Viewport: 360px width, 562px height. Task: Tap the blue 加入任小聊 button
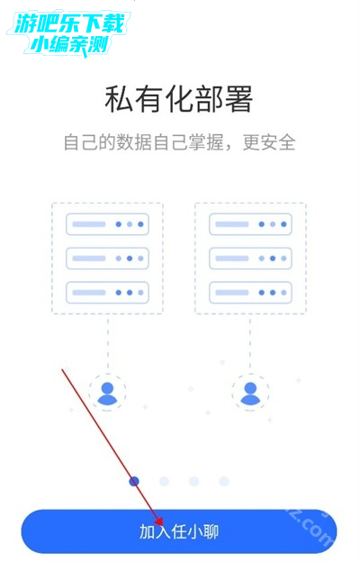(x=179, y=531)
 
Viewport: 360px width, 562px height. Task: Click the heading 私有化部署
(x=179, y=99)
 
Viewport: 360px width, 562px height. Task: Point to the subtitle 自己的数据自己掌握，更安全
(x=179, y=142)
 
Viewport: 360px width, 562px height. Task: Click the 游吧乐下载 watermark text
(x=69, y=23)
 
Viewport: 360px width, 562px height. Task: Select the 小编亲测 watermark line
(x=69, y=45)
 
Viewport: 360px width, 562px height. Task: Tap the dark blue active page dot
(x=134, y=481)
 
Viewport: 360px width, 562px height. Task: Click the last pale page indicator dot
(x=224, y=481)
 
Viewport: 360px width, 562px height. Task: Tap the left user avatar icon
(x=107, y=394)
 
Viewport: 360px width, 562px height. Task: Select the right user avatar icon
(x=250, y=394)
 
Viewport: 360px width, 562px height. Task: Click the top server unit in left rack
(x=107, y=224)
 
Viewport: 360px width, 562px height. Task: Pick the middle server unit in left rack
(x=107, y=258)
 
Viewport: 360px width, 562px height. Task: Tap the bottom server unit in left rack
(x=107, y=293)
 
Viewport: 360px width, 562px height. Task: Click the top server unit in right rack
(x=250, y=224)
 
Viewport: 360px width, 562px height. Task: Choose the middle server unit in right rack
(x=250, y=258)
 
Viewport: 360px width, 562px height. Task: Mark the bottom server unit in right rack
(x=250, y=293)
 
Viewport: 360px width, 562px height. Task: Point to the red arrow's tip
(x=160, y=524)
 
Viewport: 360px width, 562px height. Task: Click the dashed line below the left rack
(x=107, y=342)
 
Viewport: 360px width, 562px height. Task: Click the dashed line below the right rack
(x=250, y=342)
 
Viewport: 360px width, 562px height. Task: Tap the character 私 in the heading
(x=119, y=99)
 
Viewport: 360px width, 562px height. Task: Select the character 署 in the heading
(x=239, y=99)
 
